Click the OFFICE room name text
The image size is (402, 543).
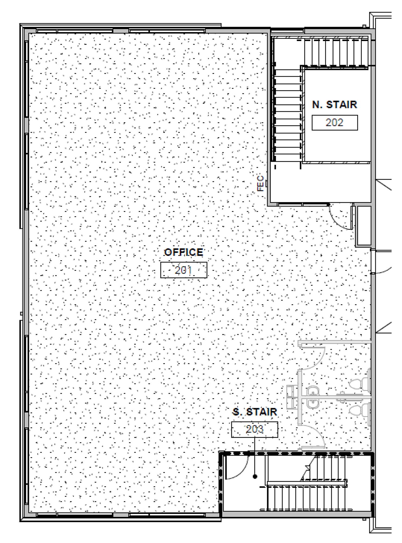click(x=184, y=252)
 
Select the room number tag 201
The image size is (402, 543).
click(x=184, y=270)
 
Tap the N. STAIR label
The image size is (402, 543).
click(x=334, y=105)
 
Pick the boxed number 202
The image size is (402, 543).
click(x=335, y=122)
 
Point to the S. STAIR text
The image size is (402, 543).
click(x=255, y=412)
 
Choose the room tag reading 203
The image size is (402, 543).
click(x=255, y=430)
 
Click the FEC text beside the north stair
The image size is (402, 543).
click(x=261, y=183)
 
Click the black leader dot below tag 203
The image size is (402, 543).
click(x=255, y=476)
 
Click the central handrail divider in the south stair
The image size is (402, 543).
click(x=307, y=484)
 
